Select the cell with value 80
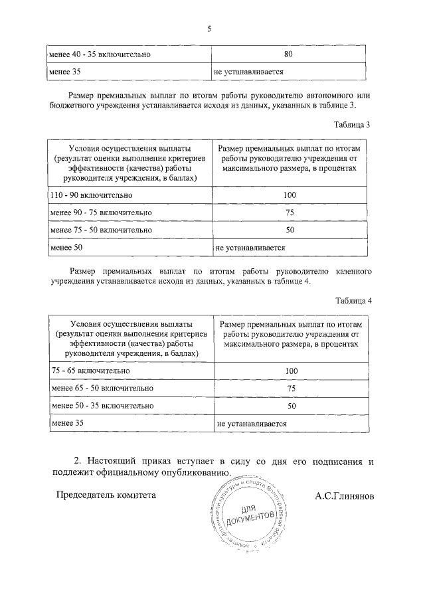288,54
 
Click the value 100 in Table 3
289,195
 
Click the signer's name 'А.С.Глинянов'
345,495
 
